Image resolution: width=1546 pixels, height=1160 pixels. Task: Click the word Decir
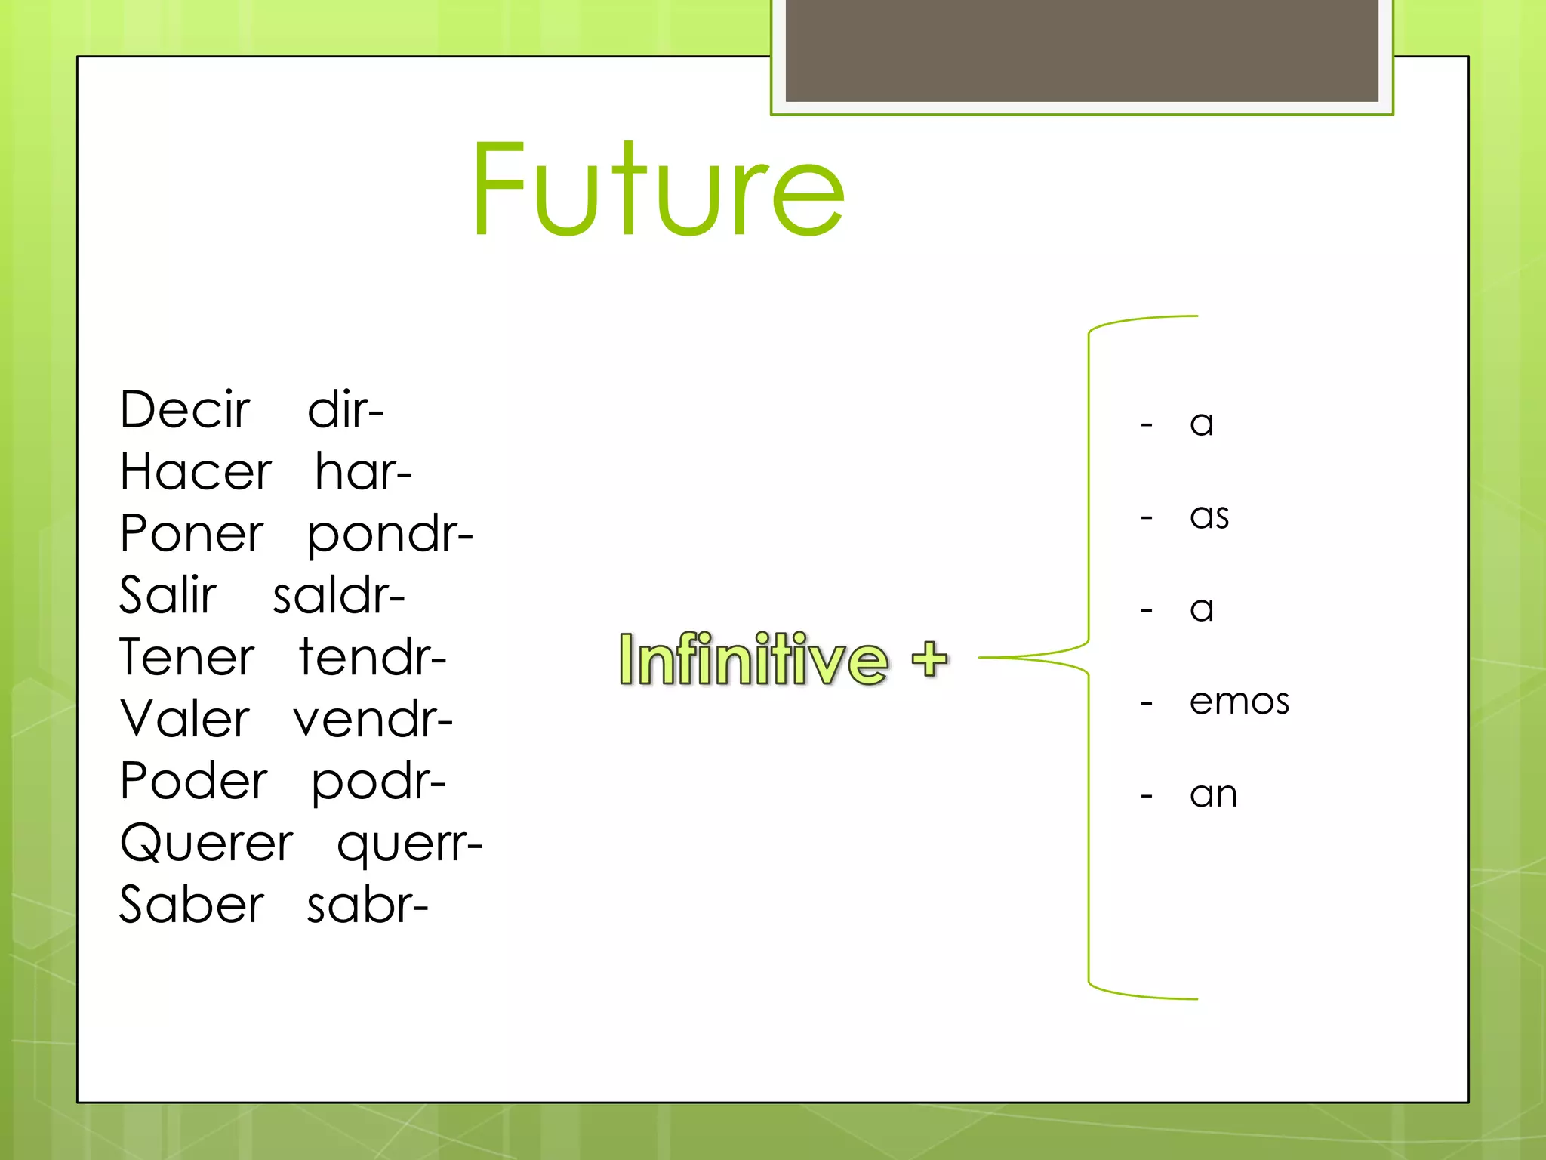click(185, 410)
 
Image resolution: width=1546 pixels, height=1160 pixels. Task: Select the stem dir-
click(346, 410)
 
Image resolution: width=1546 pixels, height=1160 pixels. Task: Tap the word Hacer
click(196, 472)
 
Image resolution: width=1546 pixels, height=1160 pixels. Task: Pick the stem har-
click(363, 472)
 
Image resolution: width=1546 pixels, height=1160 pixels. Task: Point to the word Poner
click(192, 534)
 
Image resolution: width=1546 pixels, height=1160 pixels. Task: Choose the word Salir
click(168, 595)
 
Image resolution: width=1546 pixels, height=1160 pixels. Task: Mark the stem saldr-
click(339, 596)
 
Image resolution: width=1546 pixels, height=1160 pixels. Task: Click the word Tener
click(187, 657)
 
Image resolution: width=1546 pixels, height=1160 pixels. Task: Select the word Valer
click(185, 719)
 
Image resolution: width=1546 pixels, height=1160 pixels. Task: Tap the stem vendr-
click(373, 720)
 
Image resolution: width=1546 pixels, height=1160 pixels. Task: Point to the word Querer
click(206, 844)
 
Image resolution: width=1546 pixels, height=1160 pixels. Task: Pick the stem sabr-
click(368, 905)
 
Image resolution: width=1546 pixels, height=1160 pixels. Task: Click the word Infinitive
click(753, 659)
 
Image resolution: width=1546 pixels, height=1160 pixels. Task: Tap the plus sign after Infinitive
click(929, 659)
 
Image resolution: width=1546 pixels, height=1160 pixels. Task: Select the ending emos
click(1239, 702)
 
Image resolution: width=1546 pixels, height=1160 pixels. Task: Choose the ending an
click(1213, 794)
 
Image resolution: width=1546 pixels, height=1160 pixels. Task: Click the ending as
click(1209, 516)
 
